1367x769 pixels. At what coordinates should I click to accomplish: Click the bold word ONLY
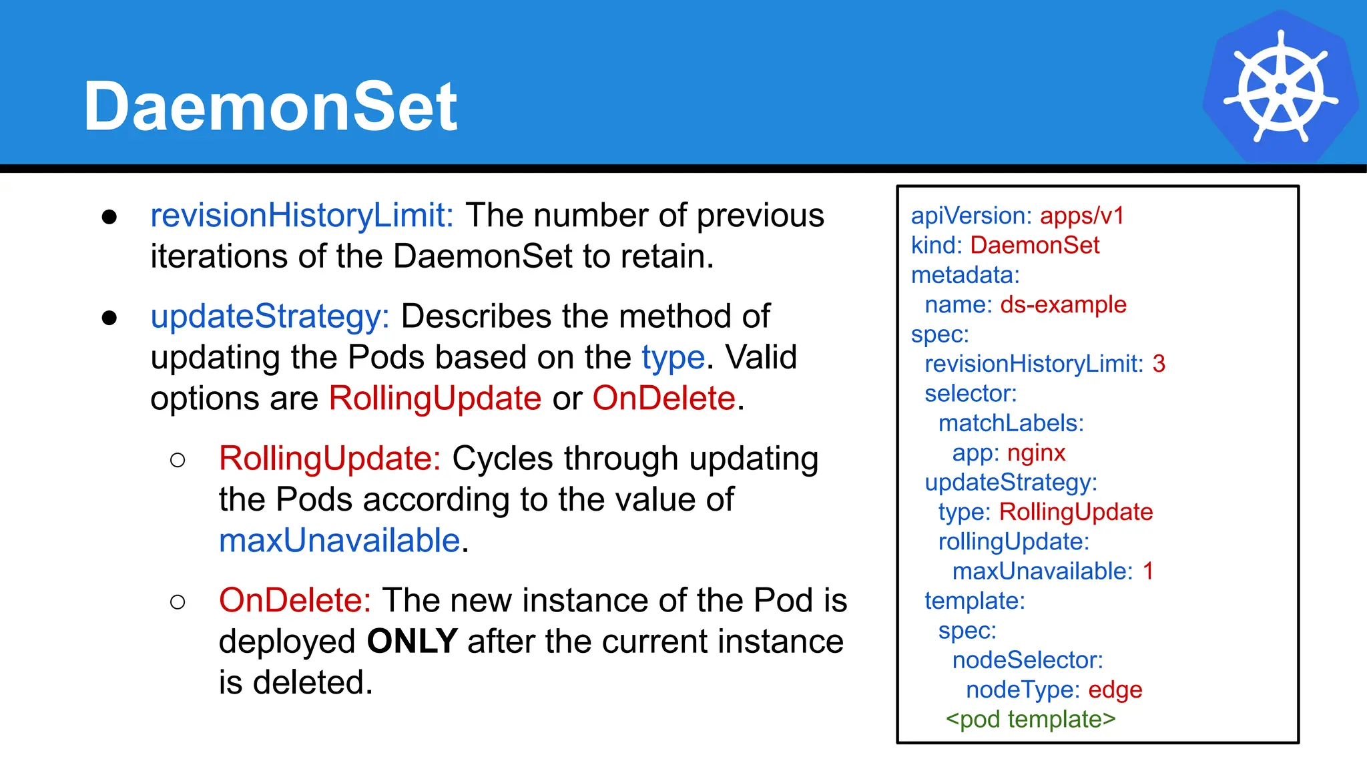tap(412, 642)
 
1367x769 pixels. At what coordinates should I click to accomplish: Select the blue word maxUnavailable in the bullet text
tap(339, 541)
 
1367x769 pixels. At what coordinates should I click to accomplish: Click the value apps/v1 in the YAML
tap(1082, 216)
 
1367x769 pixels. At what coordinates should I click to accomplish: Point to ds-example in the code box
tap(1063, 305)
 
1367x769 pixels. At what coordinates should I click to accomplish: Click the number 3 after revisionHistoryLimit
tap(1158, 364)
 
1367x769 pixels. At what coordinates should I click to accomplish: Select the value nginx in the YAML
tap(1036, 453)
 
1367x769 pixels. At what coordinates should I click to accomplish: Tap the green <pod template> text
tap(1031, 720)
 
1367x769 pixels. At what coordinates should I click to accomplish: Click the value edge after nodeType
tap(1115, 690)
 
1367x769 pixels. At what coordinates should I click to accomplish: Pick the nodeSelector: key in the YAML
tap(1027, 660)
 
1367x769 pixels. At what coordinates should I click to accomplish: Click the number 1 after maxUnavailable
tap(1148, 571)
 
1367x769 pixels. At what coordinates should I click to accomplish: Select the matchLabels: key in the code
tap(1011, 423)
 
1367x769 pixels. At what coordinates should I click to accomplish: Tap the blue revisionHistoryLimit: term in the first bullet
tap(302, 216)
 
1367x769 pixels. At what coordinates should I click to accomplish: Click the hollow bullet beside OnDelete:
tap(178, 602)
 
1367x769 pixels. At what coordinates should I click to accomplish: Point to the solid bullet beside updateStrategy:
tap(109, 318)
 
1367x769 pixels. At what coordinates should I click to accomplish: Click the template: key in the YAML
tap(975, 601)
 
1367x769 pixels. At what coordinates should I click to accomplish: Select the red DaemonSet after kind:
tap(1034, 245)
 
